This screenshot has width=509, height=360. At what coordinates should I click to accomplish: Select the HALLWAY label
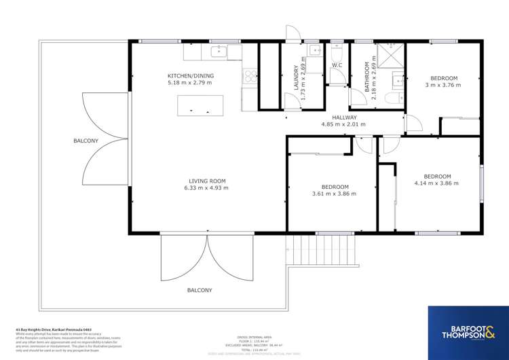tap(343, 118)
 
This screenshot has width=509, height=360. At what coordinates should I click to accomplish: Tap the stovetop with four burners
tap(250, 76)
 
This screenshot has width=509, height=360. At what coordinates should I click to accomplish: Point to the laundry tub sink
tap(316, 51)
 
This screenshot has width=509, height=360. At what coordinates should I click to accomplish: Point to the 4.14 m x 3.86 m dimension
tap(436, 183)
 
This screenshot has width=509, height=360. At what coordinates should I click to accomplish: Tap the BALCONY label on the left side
tap(86, 141)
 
